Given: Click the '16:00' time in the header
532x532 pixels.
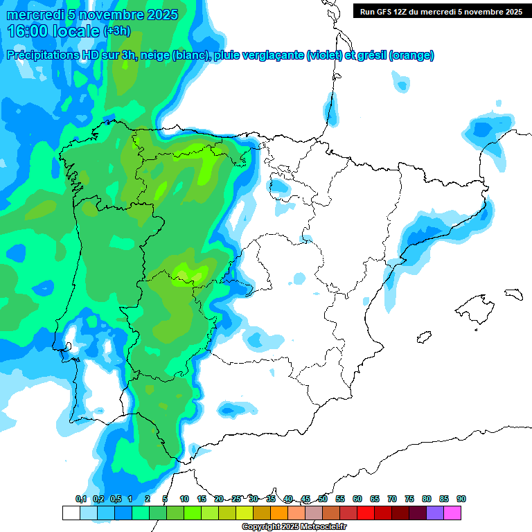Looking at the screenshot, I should (x=29, y=31).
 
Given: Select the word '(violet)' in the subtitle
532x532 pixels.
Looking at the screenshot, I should (x=324, y=55).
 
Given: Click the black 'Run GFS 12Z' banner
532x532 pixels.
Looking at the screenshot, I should (x=441, y=11).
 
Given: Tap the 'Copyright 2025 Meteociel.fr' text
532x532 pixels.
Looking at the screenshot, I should (x=294, y=527).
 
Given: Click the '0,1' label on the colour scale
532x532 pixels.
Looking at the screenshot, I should (x=81, y=499).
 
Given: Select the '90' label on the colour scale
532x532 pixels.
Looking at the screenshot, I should (x=461, y=499).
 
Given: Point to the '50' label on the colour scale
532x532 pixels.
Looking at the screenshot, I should (x=323, y=499).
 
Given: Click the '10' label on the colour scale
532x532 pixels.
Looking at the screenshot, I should (x=184, y=499).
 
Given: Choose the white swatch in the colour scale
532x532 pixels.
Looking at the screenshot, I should (x=71, y=513).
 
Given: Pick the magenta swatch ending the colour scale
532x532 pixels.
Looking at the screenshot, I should (x=452, y=513).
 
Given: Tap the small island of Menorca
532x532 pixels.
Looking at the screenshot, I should (x=513, y=294).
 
